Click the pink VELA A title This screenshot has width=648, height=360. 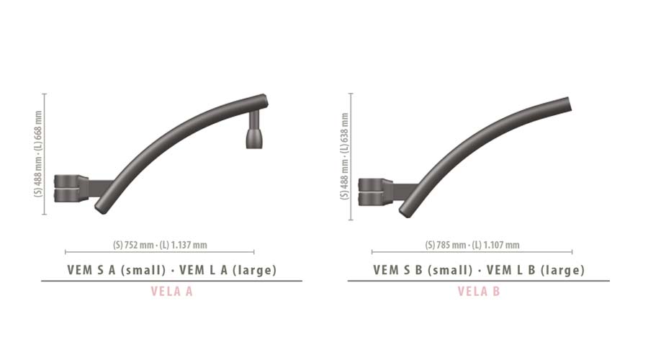tap(171, 292)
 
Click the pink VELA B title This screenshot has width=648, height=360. tap(479, 292)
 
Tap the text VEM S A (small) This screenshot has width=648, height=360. tap(117, 270)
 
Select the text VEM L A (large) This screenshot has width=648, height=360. tap(228, 270)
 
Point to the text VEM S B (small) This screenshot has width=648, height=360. tap(423, 270)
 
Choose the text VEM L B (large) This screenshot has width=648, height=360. tap(536, 270)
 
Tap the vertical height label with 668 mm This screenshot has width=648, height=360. tap(38, 154)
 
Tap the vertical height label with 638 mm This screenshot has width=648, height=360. tap(345, 156)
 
